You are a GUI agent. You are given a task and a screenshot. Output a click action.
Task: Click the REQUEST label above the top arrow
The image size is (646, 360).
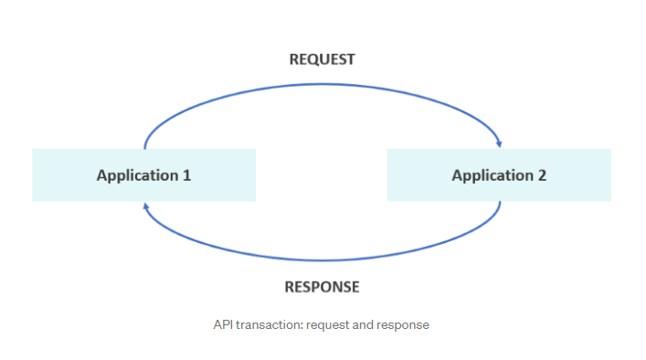click(x=322, y=59)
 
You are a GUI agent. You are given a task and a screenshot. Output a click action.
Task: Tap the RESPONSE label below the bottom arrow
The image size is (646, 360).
click(x=322, y=287)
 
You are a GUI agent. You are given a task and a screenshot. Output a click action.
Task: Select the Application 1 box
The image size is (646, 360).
click(x=143, y=175)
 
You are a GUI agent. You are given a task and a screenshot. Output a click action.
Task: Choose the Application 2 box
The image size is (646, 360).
click(x=499, y=175)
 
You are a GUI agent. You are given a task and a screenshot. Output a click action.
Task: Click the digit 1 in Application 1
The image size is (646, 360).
click(x=186, y=175)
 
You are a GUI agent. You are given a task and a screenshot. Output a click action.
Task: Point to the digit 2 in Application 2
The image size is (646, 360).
click(x=542, y=175)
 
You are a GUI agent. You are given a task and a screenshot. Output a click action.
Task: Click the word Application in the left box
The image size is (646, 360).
click(x=137, y=175)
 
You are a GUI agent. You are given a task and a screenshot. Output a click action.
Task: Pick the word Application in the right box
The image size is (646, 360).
click(x=492, y=175)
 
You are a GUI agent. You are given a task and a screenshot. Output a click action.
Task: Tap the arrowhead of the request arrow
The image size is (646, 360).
click(x=499, y=143)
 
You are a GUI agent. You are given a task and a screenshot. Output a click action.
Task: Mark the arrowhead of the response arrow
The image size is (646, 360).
click(x=145, y=206)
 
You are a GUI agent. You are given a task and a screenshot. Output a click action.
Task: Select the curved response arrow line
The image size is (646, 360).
click(x=322, y=259)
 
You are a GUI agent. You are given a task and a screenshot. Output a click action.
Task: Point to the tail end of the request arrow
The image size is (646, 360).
click(x=145, y=146)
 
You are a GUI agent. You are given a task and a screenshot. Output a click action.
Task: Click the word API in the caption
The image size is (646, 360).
click(x=224, y=324)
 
